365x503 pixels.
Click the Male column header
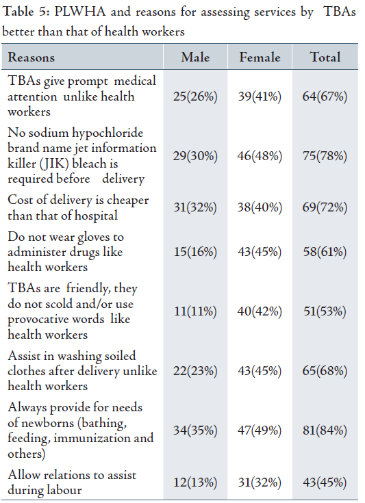[x=195, y=57]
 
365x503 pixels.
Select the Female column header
[x=260, y=57]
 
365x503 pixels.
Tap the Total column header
[x=325, y=57]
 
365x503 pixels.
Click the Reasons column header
[x=31, y=57]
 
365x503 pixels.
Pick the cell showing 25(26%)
[x=195, y=96]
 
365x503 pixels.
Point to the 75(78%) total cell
[x=325, y=156]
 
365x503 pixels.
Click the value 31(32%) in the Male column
[x=195, y=207]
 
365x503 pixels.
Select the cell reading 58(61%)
[x=325, y=252]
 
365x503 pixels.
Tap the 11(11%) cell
[x=195, y=311]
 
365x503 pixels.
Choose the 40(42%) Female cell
[x=260, y=311]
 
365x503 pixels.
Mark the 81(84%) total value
[x=325, y=430]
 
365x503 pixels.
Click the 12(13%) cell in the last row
[x=195, y=482]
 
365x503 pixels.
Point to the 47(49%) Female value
[x=260, y=430]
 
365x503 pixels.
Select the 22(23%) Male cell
[x=195, y=371]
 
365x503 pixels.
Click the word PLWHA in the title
[x=80, y=12]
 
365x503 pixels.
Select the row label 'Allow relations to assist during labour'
[x=72, y=482]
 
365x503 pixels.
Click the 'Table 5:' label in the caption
[x=26, y=12]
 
